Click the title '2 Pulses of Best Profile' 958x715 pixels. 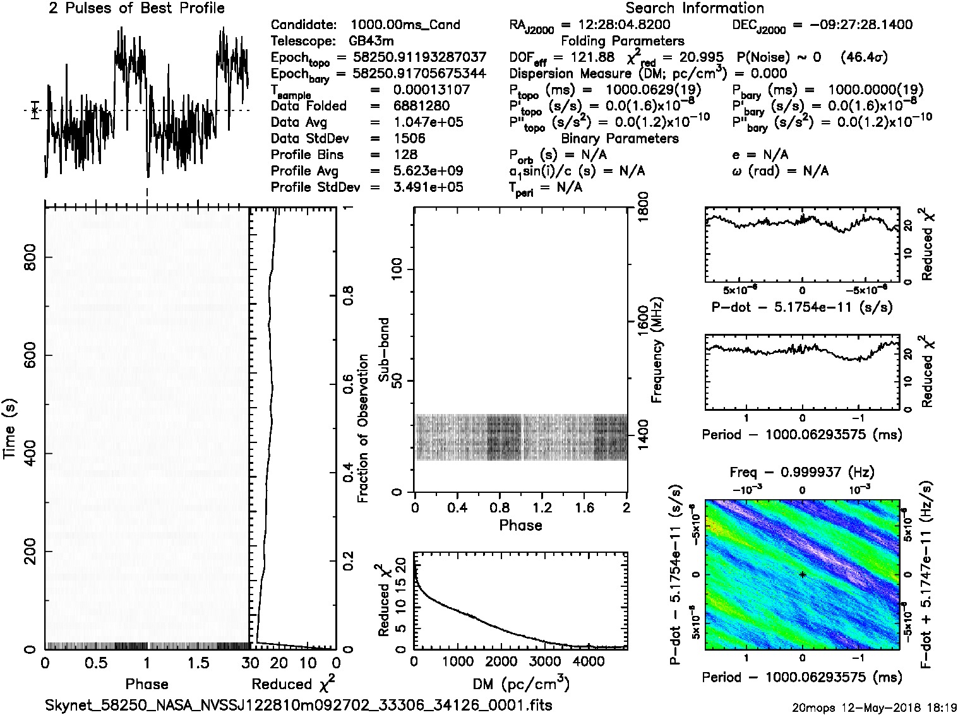[136, 8]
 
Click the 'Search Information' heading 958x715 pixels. [694, 8]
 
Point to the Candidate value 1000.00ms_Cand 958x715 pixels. [405, 25]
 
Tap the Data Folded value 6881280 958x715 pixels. [421, 106]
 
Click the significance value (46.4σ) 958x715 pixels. [864, 57]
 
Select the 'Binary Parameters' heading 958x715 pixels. [620, 138]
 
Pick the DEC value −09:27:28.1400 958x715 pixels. [852, 25]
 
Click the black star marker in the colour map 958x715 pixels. [802, 574]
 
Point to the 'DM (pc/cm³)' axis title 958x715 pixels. [520, 683]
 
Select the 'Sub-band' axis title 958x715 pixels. [383, 349]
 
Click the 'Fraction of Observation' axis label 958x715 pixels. [362, 428]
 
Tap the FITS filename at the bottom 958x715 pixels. [298, 705]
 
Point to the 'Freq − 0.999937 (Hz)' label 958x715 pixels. [802, 472]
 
